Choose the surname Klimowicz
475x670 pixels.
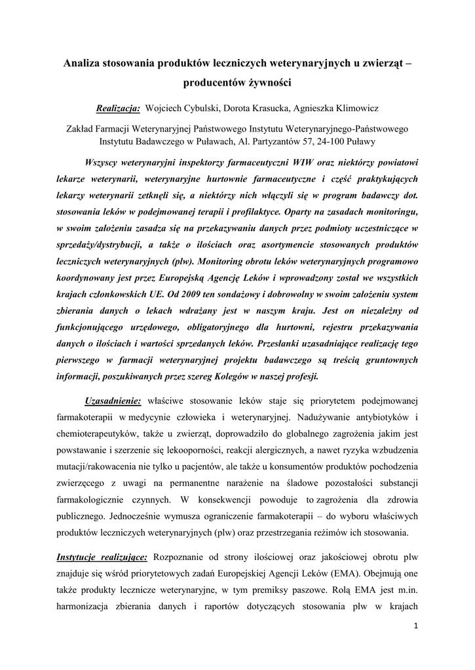(354, 107)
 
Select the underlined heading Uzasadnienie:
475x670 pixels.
(113, 400)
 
